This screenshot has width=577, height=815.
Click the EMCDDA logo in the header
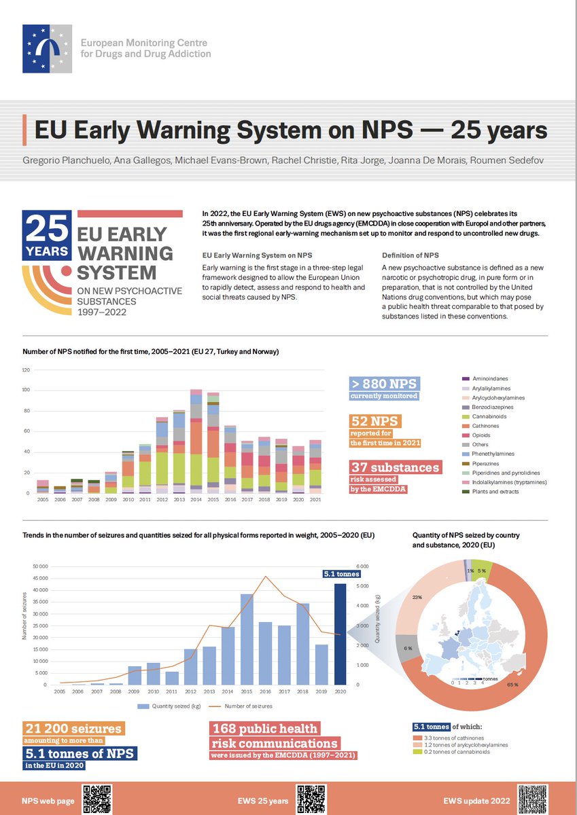click(47, 48)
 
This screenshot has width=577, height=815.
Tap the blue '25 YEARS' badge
click(47, 235)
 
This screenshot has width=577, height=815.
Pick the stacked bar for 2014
click(196, 441)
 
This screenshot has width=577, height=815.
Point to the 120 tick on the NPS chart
click(27, 369)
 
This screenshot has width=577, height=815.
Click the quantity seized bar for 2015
click(246, 639)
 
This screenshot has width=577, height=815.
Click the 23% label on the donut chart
click(417, 597)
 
